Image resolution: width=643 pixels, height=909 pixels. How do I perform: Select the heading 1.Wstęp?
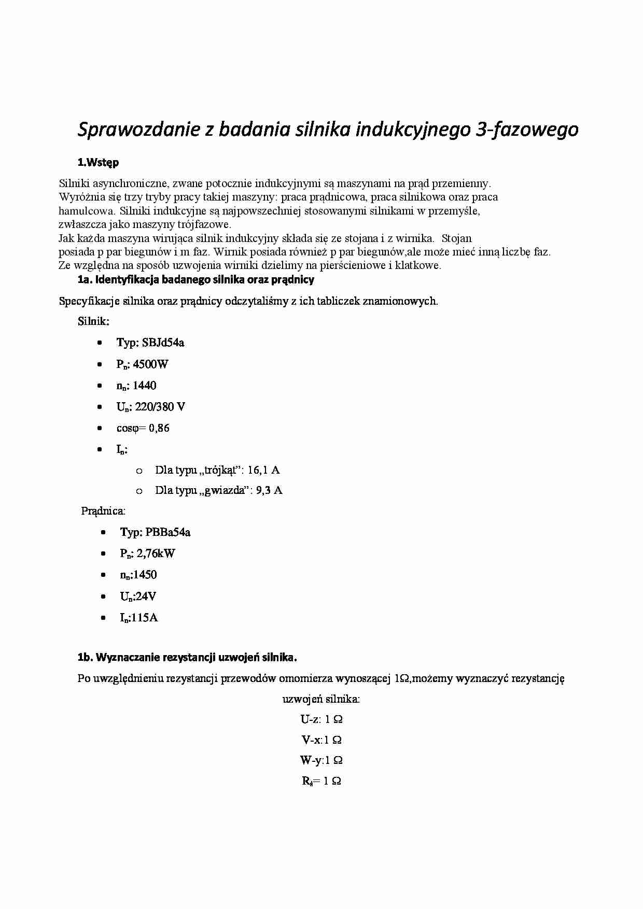click(98, 162)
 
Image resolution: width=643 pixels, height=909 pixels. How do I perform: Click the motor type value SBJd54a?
click(163, 343)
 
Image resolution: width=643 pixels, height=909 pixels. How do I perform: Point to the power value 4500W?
click(150, 364)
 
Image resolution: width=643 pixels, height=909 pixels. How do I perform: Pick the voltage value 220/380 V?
click(160, 407)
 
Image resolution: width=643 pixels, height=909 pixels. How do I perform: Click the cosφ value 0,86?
click(159, 428)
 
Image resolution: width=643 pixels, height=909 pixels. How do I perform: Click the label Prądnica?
click(103, 511)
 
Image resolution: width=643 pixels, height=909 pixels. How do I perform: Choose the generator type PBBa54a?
click(168, 532)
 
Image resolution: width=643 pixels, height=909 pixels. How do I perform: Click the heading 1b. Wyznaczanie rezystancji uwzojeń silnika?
click(187, 658)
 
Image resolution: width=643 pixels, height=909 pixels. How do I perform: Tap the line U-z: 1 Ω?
click(321, 719)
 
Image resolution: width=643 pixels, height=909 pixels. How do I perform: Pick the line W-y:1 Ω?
click(321, 761)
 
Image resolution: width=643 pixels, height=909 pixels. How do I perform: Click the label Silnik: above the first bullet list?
click(94, 321)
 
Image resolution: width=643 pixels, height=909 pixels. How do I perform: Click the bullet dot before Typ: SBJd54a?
click(100, 343)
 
